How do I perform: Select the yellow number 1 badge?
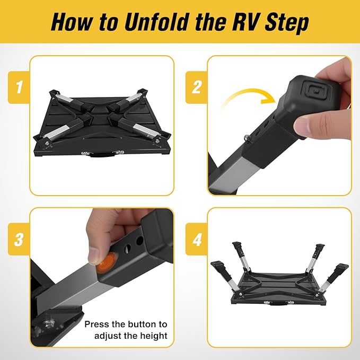(19, 87)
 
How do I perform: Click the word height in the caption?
(153, 336)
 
